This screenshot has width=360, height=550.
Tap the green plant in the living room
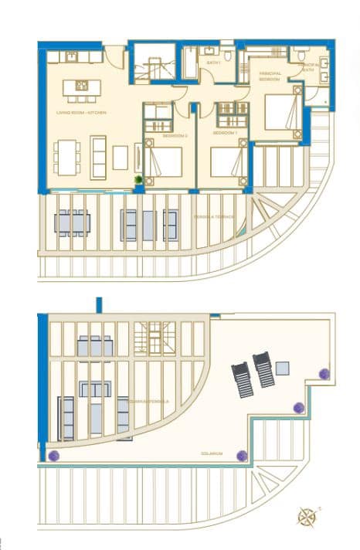(138, 180)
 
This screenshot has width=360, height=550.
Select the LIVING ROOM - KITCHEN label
(80, 113)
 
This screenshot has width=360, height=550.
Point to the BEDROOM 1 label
(224, 133)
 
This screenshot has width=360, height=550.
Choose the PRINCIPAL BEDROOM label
(270, 76)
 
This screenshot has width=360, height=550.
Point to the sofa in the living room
(99, 157)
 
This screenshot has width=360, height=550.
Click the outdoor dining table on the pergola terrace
(72, 223)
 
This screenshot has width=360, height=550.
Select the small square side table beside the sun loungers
(282, 368)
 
